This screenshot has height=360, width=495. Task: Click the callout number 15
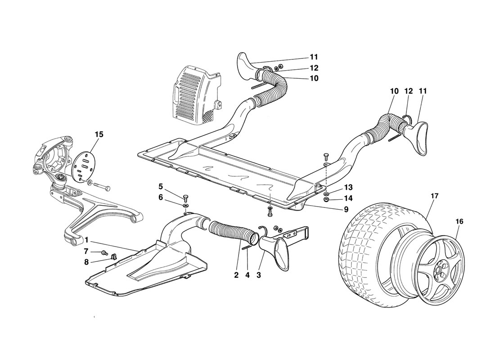click(99, 134)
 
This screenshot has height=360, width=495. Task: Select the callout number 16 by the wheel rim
click(459, 221)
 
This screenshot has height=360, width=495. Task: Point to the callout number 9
click(346, 209)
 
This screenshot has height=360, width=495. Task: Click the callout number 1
click(86, 239)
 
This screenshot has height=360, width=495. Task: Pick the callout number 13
click(349, 187)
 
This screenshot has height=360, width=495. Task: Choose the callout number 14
click(349, 198)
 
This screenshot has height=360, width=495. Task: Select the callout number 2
click(236, 274)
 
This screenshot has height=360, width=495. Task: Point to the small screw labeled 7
click(104, 252)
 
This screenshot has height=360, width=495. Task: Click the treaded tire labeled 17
click(369, 252)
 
